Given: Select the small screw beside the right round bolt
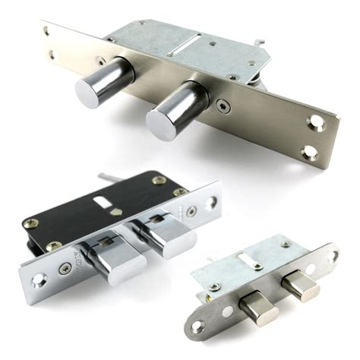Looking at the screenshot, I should click(221, 106).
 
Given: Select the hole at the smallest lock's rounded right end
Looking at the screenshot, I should click(332, 254).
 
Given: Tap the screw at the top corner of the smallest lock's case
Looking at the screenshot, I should click(285, 245).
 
